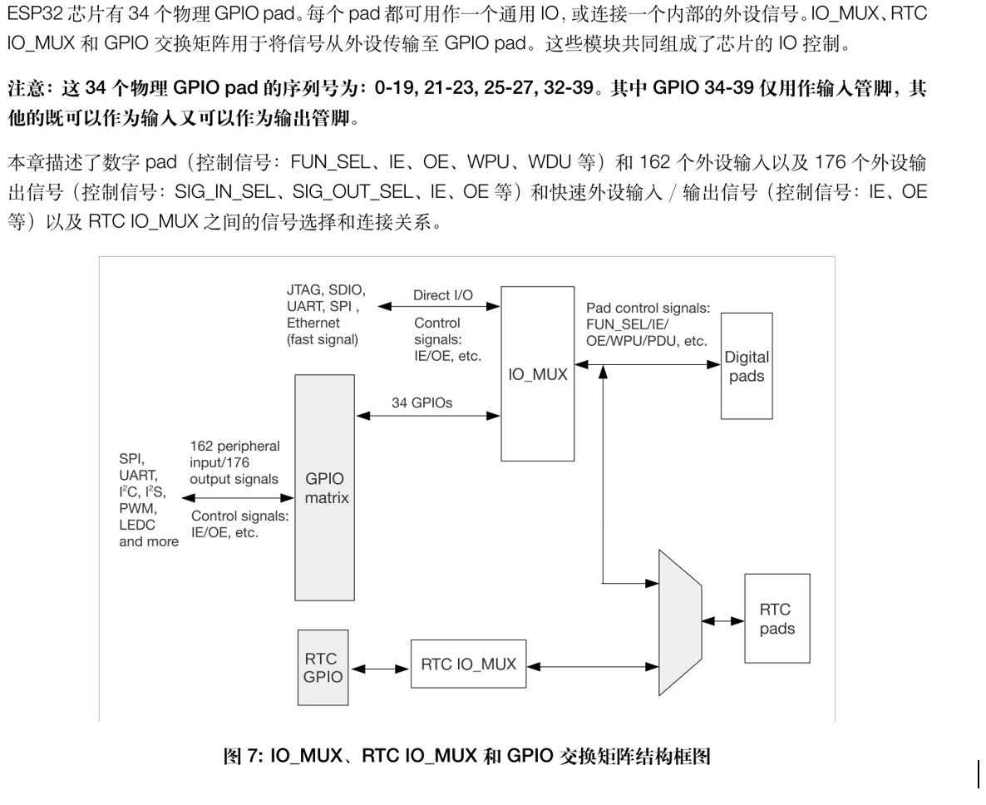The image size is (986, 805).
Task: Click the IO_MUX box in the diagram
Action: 538,374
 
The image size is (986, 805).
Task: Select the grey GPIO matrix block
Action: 325,486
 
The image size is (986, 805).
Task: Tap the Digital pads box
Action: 747,366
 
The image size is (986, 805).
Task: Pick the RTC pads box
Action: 776,619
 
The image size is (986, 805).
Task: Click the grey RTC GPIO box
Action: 322,668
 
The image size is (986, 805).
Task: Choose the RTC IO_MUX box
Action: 468,664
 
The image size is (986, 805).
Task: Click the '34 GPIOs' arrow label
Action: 422,402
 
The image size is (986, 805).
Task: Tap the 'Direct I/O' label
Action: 443,295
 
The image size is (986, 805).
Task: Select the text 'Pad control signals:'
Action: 648,309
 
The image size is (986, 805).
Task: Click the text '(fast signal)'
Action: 323,338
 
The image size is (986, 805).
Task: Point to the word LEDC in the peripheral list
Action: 138,526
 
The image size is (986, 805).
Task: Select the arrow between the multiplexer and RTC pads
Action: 723,620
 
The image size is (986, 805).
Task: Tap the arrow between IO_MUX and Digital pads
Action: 648,364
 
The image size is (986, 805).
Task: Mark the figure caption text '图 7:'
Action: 244,756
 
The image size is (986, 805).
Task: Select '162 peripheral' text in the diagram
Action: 234,447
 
